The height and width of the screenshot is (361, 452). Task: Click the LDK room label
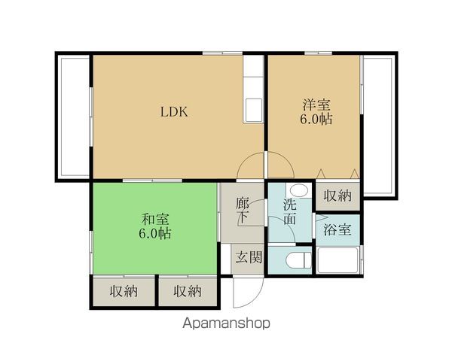click(x=174, y=112)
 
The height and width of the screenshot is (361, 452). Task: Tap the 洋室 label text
click(x=316, y=105)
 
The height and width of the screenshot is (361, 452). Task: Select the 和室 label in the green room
click(x=155, y=220)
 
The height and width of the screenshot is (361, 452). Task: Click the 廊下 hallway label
click(x=243, y=211)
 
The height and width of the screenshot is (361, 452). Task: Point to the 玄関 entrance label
click(x=249, y=257)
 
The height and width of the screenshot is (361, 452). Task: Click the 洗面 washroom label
click(x=290, y=211)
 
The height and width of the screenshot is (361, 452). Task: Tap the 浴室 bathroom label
click(x=337, y=229)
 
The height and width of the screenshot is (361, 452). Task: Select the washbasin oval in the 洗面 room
click(x=299, y=190)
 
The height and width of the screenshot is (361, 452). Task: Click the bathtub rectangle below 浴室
click(x=337, y=260)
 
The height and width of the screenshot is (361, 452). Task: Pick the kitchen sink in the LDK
click(x=253, y=110)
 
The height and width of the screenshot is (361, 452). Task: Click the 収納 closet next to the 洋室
click(x=337, y=196)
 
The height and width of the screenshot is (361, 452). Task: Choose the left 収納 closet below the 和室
click(x=124, y=292)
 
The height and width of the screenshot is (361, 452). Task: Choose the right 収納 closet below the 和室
click(x=188, y=292)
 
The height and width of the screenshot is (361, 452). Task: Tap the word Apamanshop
click(x=226, y=323)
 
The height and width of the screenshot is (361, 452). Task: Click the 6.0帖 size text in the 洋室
click(x=316, y=119)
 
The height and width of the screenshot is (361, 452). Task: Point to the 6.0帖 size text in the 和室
click(x=155, y=233)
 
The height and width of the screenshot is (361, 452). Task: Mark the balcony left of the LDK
click(x=74, y=117)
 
